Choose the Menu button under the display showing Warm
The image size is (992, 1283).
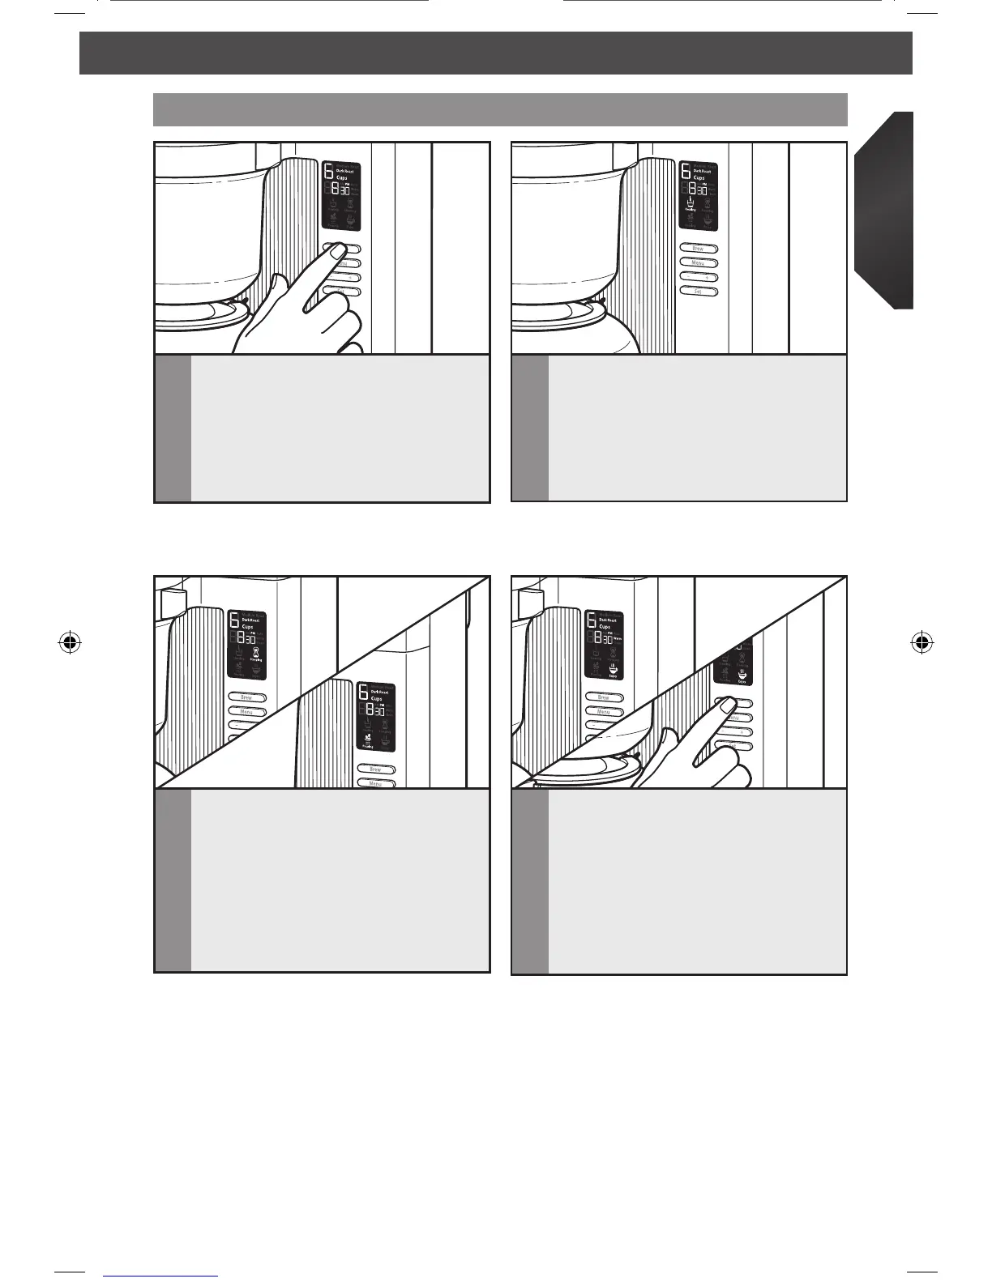coord(604,711)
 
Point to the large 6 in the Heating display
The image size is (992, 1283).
coord(686,171)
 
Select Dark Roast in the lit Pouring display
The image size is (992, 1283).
coord(379,693)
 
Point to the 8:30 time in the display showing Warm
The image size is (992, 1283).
coord(602,638)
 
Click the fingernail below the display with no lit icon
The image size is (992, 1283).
coord(336,253)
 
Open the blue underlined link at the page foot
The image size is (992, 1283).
coord(160,1275)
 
